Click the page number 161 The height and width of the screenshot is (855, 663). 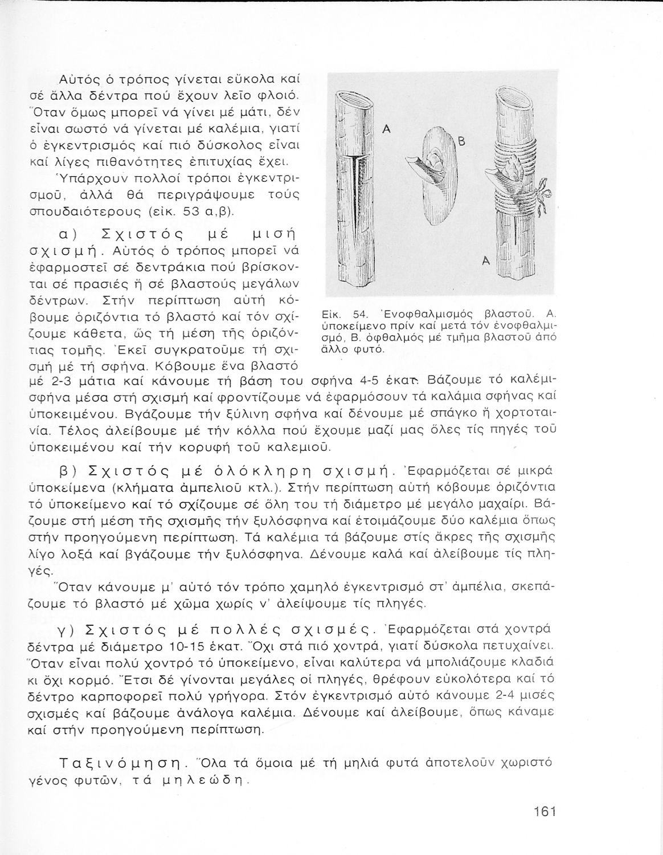click(545, 812)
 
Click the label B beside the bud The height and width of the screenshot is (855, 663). click(462, 144)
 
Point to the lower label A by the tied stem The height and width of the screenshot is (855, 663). click(485, 261)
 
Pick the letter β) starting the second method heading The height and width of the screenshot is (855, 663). click(75, 472)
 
